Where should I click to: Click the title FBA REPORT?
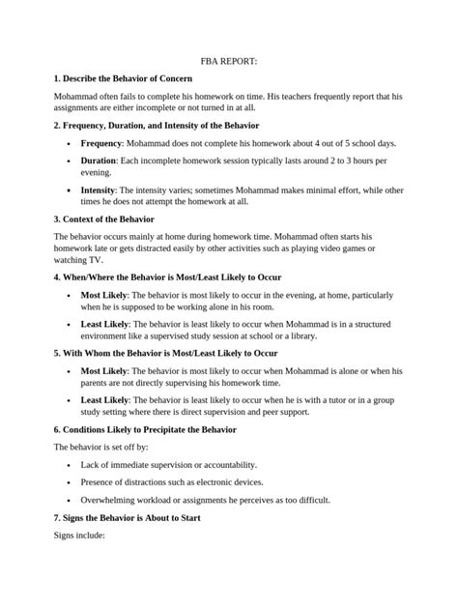[228, 59]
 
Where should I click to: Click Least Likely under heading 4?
[104, 324]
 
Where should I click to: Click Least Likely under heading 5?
[104, 399]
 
